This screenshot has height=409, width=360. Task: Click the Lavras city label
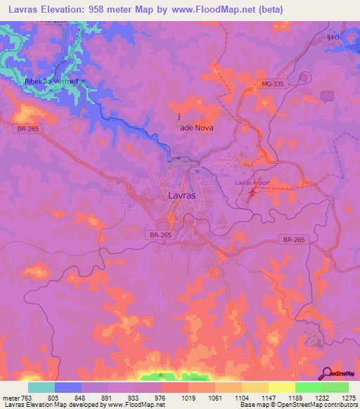pyautogui.click(x=182, y=195)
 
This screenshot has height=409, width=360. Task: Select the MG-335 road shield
pyautogui.click(x=272, y=85)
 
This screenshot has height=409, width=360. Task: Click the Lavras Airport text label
pyautogui.click(x=252, y=183)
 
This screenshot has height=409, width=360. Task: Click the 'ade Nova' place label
pyautogui.click(x=196, y=128)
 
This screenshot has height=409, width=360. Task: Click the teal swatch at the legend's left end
pyautogui.click(x=41, y=387)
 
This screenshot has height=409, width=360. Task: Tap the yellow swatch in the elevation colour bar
pyautogui.click(x=281, y=387)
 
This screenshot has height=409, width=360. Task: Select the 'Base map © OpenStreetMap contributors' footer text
pyautogui.click(x=297, y=405)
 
